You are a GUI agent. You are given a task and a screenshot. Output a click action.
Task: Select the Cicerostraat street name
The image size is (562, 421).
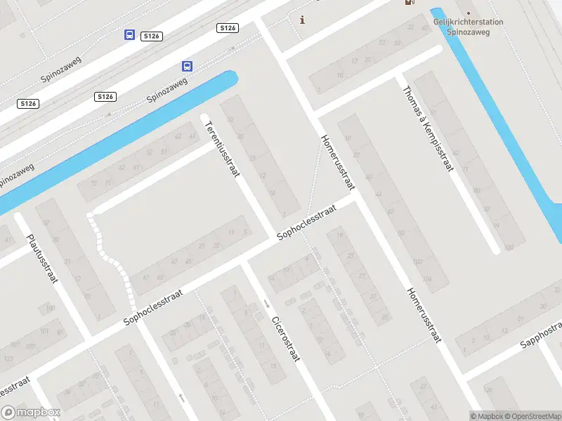286,338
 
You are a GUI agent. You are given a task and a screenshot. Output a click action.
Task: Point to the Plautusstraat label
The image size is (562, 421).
41,258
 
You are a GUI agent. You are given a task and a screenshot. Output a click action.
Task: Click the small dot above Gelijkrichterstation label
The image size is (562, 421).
469,13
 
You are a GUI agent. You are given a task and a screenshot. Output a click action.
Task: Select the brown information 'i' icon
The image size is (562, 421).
303,20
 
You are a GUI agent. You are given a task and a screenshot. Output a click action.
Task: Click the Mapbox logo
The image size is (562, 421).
31,413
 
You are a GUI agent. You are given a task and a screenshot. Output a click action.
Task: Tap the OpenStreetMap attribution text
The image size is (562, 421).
534,416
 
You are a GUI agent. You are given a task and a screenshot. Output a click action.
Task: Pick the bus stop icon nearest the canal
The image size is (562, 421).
187,67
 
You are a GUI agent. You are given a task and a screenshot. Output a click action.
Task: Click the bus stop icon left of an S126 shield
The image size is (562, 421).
129,34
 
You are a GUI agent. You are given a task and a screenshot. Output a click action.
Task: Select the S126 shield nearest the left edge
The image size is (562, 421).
28,103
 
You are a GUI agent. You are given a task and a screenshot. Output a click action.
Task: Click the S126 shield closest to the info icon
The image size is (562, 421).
227,28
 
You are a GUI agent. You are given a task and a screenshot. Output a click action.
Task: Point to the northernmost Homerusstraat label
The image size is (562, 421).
337,162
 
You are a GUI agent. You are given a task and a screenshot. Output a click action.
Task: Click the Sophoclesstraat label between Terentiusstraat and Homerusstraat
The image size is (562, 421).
306,223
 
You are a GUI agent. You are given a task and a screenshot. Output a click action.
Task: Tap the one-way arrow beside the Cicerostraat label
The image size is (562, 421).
267,304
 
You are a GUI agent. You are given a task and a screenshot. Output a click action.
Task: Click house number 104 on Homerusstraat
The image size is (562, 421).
427,279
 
